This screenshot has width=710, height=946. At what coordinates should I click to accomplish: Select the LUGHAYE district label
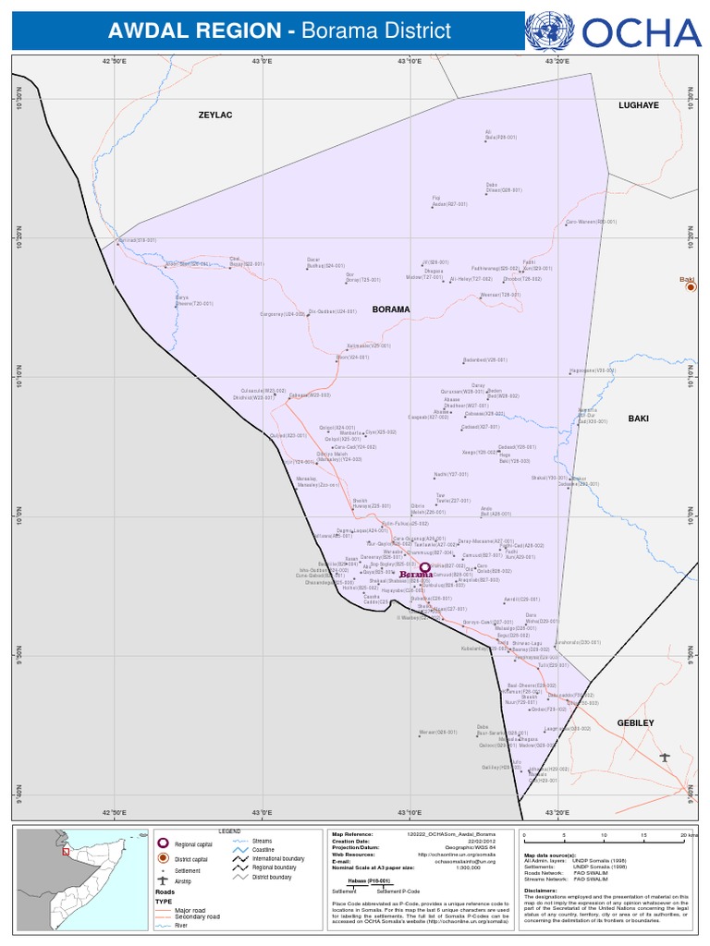pos(639,105)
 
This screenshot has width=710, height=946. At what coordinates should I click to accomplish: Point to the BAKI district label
pos(639,418)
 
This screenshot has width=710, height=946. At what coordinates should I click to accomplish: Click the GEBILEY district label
pos(635,722)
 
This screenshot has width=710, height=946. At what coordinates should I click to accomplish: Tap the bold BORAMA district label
pos(390,309)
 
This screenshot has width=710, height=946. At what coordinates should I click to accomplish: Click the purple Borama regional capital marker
pos(424,568)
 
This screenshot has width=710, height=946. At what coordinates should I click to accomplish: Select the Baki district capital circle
pos(689,288)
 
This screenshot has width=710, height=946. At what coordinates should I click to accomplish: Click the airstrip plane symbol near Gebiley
pos(665,758)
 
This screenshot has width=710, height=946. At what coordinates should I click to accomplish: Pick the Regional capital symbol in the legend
pos(163,843)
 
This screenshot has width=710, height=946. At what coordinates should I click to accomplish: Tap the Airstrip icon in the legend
pos(163,880)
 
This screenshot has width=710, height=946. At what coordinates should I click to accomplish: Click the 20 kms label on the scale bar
pos(689,834)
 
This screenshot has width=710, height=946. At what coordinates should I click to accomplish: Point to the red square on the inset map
pos(66,852)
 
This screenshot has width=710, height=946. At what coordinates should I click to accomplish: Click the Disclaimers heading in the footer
pos(542,891)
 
